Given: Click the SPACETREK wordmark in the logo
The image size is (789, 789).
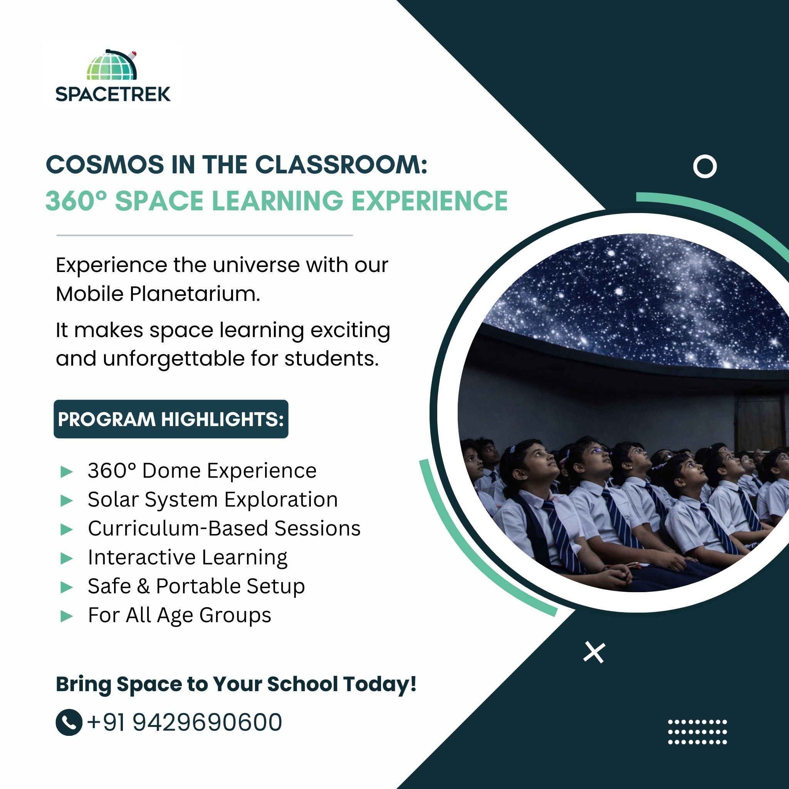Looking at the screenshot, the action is click(113, 94).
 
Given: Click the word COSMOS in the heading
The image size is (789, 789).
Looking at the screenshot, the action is click(105, 165).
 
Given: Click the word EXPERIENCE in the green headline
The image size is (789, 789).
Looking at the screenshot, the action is click(430, 201).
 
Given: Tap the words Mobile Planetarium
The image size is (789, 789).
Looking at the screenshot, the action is click(158, 294).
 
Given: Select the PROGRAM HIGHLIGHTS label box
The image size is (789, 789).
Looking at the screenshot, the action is click(171, 419).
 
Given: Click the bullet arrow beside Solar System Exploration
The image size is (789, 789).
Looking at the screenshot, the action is click(66, 501).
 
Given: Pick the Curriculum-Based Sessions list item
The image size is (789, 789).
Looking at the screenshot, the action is click(224, 529).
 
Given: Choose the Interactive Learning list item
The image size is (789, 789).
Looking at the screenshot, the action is click(188, 558).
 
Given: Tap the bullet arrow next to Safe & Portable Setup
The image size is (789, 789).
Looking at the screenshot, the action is click(66, 587).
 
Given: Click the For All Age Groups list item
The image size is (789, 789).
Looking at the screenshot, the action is click(180, 615).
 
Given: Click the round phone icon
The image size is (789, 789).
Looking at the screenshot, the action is click(69, 722).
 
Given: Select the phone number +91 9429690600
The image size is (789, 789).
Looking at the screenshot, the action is click(184, 722).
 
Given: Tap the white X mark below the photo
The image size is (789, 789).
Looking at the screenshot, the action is click(594, 652).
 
